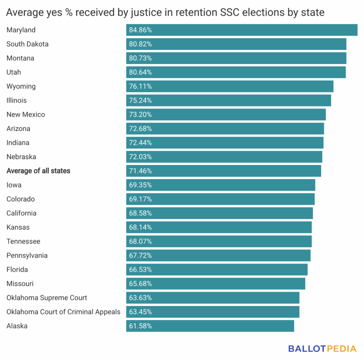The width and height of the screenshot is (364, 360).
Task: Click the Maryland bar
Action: pos(242,30)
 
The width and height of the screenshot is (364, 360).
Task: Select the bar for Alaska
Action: pos(210,326)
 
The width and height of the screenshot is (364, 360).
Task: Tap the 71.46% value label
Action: pos(140,171)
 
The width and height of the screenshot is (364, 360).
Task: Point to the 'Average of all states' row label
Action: pos(38,171)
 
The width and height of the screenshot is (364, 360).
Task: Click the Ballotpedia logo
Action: pos(322,348)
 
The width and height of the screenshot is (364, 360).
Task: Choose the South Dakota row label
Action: pos(27,44)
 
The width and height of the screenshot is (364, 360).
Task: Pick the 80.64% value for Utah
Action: pos(140,72)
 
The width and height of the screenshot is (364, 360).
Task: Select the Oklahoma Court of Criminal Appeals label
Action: pos(63,312)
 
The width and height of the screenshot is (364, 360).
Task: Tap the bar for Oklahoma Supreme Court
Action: pos(213,298)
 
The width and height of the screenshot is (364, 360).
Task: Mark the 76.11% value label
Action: pos(140,86)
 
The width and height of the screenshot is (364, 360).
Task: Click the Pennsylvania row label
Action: pos(27,255)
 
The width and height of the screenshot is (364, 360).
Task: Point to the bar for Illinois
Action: pos(229,100)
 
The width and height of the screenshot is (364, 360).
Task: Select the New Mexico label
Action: pos(26,115)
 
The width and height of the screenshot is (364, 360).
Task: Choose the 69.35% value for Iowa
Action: pos(140,185)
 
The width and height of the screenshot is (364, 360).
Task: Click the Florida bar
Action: pos(217,270)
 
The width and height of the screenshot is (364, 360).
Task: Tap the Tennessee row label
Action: pos(23,241)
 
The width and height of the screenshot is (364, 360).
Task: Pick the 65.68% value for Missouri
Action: pos(140,284)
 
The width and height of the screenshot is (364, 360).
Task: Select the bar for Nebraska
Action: pos(224,157)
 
